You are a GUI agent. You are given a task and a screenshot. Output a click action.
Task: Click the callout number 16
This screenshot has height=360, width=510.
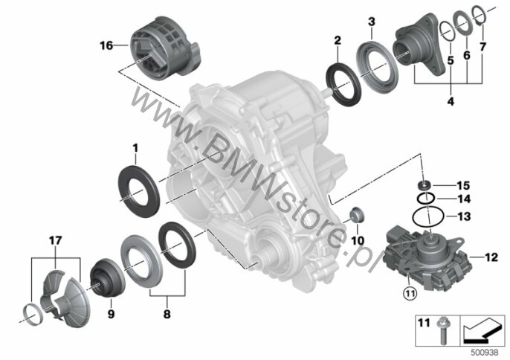[106, 45]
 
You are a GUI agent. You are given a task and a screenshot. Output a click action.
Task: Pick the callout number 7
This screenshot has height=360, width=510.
[482, 47]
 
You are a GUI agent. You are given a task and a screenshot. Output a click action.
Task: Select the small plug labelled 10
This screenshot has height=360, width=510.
[357, 215]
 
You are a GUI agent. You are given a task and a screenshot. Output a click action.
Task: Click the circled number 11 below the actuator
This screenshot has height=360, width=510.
[409, 294]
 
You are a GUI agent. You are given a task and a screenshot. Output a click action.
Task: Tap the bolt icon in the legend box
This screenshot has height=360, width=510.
[442, 331]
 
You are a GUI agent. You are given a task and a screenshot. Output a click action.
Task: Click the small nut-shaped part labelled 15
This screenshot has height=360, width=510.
[425, 185]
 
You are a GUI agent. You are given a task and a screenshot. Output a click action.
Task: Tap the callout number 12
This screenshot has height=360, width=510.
[491, 257]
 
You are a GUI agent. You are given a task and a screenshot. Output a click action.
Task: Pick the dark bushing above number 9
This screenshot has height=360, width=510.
[107, 277]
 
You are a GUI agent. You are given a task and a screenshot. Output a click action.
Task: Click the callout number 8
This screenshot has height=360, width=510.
[167, 314]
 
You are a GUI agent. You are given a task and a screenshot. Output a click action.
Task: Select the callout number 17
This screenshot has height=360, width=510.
[55, 240]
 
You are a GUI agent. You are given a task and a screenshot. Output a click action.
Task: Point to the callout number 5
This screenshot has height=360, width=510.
[451, 60]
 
